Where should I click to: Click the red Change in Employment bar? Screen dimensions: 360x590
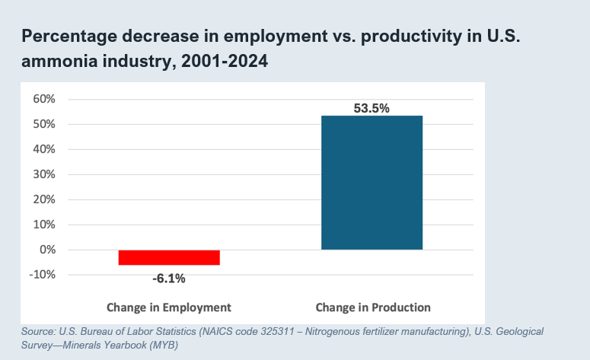pos(169,257)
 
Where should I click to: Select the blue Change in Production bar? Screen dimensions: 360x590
pos(372,183)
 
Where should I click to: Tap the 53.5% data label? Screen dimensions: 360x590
pos(372,108)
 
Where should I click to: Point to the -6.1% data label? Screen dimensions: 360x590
pos(169,278)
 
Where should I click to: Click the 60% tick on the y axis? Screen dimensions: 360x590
pos(43,99)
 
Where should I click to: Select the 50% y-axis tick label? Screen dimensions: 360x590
pos(43,124)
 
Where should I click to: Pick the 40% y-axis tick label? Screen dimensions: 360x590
pos(43,149)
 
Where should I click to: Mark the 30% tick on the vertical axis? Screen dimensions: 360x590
pos(43,174)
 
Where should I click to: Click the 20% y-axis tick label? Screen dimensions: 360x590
pos(43,199)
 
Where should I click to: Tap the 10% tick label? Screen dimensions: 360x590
pos(43,225)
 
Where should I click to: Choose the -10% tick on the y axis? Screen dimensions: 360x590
pos(41,275)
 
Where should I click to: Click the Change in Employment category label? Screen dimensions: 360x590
pos(169,307)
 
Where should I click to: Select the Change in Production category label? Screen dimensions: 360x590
pos(373,307)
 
